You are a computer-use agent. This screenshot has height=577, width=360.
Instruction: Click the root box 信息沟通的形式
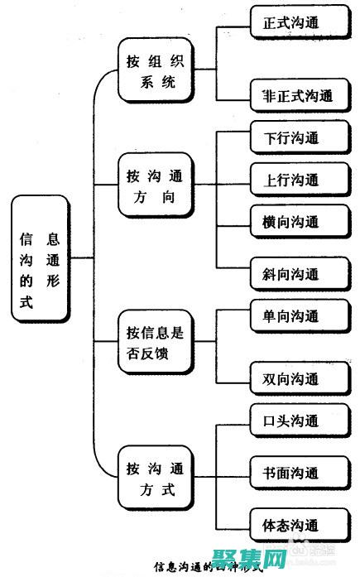click(40, 259)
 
